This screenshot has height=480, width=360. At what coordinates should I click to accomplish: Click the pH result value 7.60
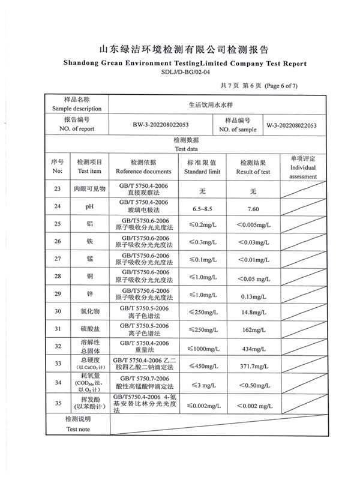[x=253, y=209]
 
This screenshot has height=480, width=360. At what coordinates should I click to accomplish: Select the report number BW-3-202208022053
[x=161, y=125]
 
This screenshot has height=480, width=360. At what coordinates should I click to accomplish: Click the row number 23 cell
[x=58, y=190]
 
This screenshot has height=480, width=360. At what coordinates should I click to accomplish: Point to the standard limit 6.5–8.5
[x=202, y=209]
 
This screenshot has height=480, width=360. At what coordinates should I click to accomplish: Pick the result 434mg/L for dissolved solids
[x=253, y=348]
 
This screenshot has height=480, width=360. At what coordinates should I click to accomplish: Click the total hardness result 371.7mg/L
[x=253, y=365]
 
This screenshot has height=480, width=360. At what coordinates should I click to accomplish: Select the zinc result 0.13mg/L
[x=253, y=296]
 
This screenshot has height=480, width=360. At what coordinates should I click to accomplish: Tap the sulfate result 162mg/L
[x=253, y=330]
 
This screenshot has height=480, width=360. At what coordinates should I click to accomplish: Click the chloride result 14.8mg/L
[x=253, y=313]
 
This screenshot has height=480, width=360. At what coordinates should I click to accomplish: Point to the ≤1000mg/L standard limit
[x=202, y=348]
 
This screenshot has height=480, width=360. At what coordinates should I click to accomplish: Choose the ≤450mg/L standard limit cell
[x=202, y=365]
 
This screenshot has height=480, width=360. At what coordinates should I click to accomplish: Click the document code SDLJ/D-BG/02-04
[x=186, y=72]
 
